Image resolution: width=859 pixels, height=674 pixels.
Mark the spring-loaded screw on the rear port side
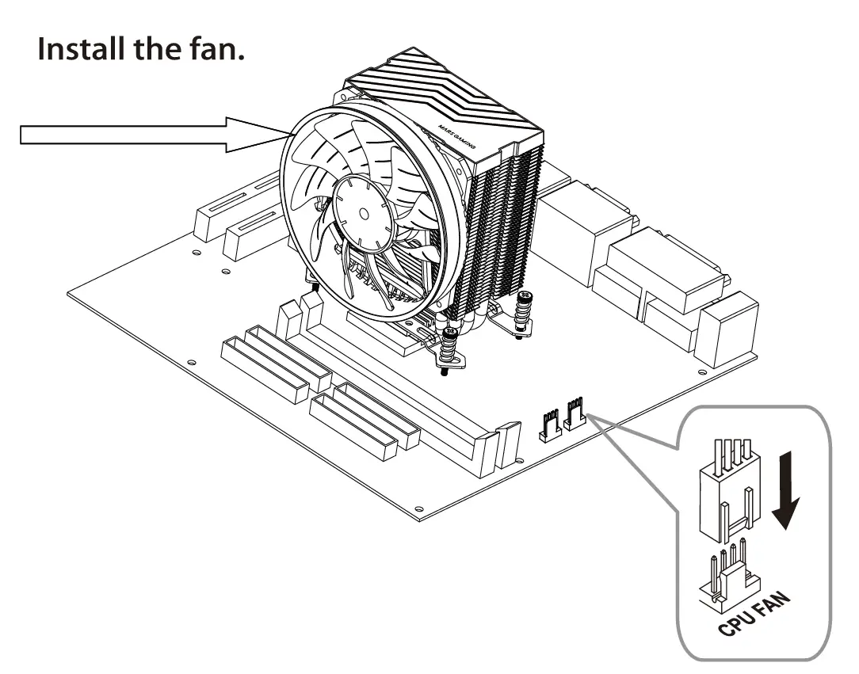[523, 313]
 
